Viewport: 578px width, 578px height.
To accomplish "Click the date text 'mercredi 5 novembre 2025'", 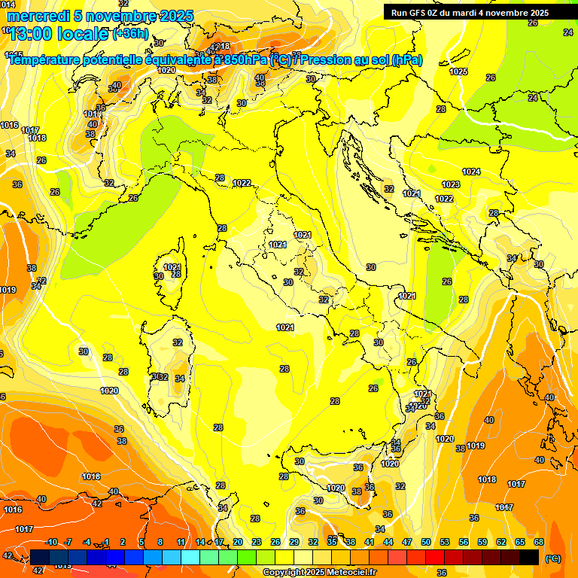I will (x=99, y=16).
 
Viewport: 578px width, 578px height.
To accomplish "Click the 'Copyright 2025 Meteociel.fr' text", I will (x=319, y=572).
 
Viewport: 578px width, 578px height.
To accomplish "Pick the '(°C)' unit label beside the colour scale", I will (x=553, y=558).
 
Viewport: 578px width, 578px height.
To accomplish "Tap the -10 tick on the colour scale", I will (x=51, y=543).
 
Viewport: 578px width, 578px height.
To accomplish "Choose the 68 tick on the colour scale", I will (x=539, y=543).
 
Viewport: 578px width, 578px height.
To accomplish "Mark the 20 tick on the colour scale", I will (x=238, y=543).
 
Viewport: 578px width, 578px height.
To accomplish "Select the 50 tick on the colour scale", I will (x=426, y=543).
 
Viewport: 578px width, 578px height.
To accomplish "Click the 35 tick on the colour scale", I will (x=332, y=543).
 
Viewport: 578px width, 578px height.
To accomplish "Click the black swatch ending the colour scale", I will (x=529, y=557).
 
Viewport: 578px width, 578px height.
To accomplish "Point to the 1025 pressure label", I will (x=458, y=71).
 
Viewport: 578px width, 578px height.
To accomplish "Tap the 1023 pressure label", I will (x=451, y=184).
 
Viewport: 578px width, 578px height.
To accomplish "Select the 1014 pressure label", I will (x=8, y=5).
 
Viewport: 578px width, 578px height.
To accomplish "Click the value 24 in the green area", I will (x=533, y=98).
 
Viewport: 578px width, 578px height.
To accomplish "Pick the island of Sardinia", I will (x=169, y=361).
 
